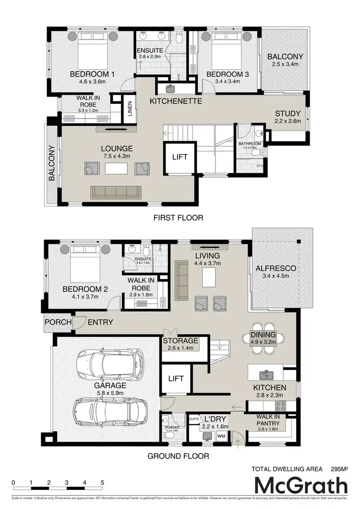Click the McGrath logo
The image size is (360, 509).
(300, 486)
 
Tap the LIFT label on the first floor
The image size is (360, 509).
(180, 157)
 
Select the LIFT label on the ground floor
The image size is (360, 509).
(176, 378)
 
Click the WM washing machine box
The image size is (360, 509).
(221, 436)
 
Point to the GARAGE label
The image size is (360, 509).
(110, 386)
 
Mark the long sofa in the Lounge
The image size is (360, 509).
(116, 192)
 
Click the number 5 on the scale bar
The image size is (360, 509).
(102, 482)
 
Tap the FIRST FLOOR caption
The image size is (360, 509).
(178, 218)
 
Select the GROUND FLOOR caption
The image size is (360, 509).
(178, 456)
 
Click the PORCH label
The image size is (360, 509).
(58, 322)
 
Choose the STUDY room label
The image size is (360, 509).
(288, 114)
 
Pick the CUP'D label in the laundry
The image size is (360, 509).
(194, 419)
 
